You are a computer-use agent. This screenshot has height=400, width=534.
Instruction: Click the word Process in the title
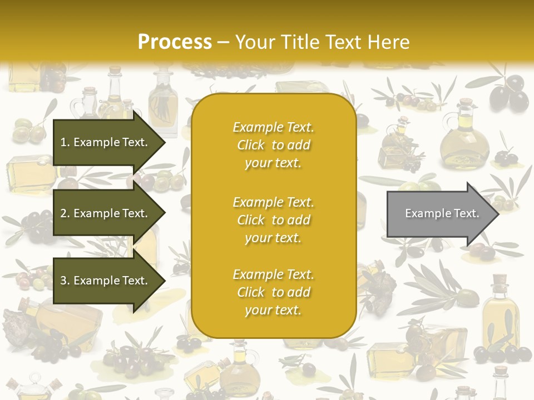pos(175,42)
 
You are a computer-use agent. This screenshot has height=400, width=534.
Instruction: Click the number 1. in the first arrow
pos(65,142)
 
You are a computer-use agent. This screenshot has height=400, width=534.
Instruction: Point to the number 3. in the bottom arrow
pos(65,281)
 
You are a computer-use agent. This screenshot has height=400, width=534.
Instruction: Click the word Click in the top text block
pos(251,145)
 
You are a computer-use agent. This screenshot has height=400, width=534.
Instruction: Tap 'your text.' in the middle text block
pos(273,238)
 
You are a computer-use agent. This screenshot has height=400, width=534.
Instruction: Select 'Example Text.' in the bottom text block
pos(273,274)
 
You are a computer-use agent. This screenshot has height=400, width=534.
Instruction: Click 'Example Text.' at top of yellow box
pos(273,127)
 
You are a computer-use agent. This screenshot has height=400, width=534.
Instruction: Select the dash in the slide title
pos(224,42)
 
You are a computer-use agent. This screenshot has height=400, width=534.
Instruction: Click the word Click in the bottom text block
pos(251,292)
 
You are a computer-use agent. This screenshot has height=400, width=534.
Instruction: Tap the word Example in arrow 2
pos(96,213)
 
